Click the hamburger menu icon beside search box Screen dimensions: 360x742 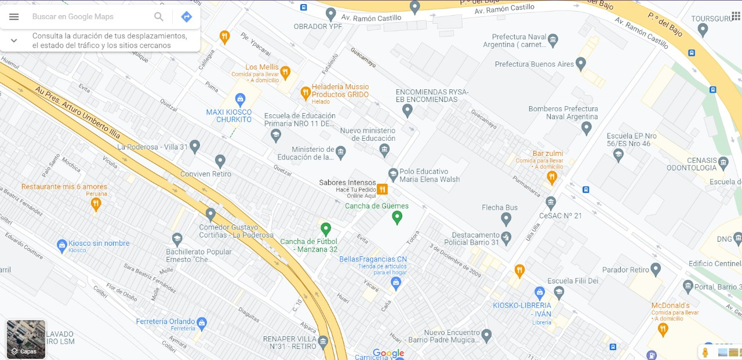[x=14, y=17]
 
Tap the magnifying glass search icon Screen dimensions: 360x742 [x=159, y=17]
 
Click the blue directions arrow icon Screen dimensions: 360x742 [x=187, y=17]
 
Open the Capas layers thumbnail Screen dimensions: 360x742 [x=26, y=339]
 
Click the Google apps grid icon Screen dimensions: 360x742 [x=736, y=16]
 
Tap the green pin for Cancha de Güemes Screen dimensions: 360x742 [x=397, y=217]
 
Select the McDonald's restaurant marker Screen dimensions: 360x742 [x=663, y=329]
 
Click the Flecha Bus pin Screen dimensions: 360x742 [x=506, y=219]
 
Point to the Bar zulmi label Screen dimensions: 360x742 [x=548, y=154]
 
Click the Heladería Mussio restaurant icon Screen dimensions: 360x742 [x=305, y=93]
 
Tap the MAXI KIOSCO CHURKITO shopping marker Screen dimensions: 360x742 [x=241, y=99]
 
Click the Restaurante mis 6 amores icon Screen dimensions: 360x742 [x=96, y=203]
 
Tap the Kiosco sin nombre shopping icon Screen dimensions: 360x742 [x=62, y=246]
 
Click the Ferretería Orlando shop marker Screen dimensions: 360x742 [x=202, y=322]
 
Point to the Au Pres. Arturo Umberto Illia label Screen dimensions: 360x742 [x=78, y=113]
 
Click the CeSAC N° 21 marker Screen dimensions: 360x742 [x=551, y=202]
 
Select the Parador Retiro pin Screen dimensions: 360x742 [x=656, y=270]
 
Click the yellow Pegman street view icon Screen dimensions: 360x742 [x=705, y=352]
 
